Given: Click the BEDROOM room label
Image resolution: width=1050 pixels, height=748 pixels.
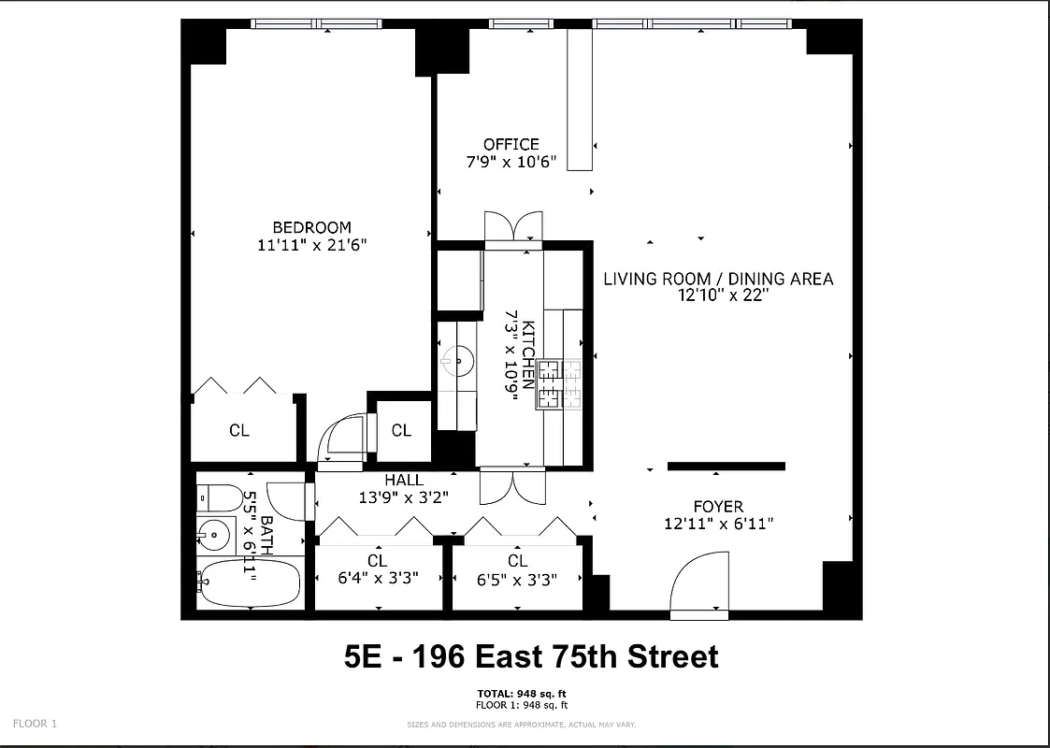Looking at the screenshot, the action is [x=311, y=227].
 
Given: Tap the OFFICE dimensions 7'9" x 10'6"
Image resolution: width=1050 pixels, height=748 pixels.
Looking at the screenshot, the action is [x=511, y=162].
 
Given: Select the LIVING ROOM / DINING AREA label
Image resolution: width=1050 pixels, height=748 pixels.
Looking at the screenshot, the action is [x=717, y=279].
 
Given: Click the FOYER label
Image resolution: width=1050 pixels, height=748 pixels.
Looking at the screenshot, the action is [x=718, y=507].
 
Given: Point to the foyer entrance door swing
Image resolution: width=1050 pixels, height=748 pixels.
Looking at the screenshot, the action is [x=699, y=587].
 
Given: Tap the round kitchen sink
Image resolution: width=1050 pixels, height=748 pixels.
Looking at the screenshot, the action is [x=457, y=359].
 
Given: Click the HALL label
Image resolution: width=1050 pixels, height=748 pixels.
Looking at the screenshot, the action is [x=404, y=480].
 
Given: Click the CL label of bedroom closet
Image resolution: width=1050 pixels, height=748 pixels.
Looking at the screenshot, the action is [x=239, y=430].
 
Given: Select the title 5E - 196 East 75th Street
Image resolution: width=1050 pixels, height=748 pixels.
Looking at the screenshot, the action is [x=531, y=655].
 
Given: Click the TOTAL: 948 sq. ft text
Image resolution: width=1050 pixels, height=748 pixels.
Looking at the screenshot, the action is [x=522, y=693].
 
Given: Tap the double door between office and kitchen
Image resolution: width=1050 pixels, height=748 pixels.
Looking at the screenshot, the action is [x=513, y=227].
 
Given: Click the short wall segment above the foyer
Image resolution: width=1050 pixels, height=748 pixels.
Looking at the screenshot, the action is [x=726, y=466].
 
